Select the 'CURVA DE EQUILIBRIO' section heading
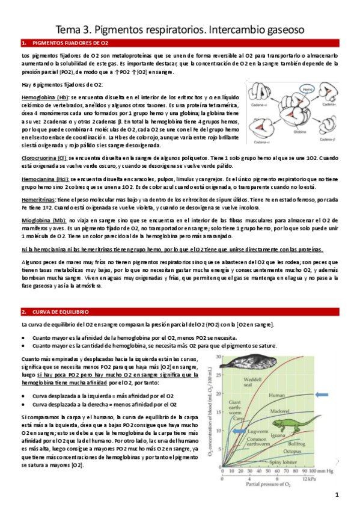(x=59, y=312)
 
